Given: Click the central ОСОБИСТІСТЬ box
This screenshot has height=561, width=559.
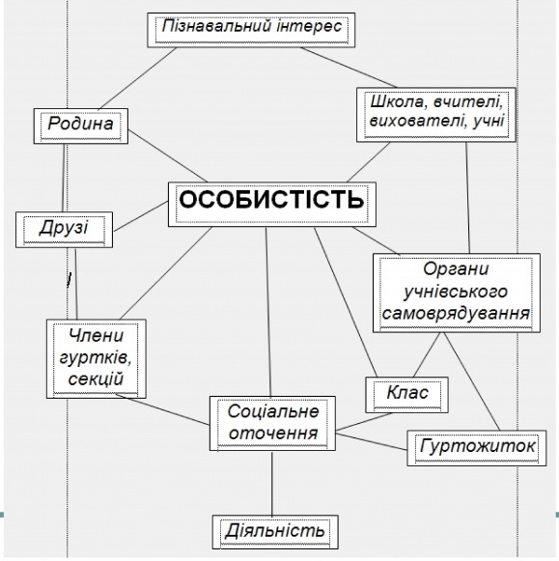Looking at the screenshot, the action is [272, 205].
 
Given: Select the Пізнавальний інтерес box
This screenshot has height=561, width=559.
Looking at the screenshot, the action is [251, 30].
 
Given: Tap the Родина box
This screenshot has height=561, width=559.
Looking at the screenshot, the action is [81, 126].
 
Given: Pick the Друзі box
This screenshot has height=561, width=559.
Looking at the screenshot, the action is [64, 230].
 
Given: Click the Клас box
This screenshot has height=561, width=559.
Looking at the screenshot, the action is [406, 395].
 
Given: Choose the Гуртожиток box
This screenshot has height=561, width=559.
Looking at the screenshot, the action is [477, 448].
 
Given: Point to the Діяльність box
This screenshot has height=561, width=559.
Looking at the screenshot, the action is [275, 532].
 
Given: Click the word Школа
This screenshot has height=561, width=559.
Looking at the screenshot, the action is [396, 102].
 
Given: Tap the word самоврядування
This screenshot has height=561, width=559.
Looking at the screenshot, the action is [456, 314].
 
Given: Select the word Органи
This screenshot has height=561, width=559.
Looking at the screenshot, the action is [456, 269].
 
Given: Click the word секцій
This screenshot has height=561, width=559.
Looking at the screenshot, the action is [96, 379].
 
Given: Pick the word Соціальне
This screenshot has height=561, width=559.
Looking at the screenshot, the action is [273, 411].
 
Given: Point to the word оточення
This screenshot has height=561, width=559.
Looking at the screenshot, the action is [273, 433].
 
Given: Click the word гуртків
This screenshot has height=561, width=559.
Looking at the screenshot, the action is [96, 357].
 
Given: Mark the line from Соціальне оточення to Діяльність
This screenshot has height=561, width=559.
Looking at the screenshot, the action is [272, 483].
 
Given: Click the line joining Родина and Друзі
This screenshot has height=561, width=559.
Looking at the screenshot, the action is [64, 178].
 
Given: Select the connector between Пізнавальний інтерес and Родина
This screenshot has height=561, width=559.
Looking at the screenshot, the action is [138, 78].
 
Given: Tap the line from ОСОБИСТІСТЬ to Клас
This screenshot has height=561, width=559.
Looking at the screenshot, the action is [346, 302].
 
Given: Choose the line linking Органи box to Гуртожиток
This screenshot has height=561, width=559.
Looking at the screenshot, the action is [472, 381].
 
